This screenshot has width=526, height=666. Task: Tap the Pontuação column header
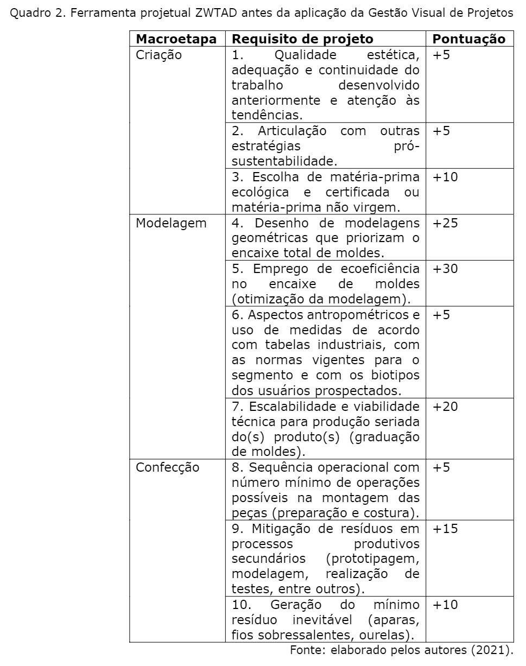pos(469,39)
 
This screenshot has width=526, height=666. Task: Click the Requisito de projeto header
pos(302,39)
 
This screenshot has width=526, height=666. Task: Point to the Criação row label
pos(159,55)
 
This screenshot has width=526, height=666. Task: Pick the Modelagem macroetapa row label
pos(171,223)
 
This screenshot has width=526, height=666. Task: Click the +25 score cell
pos(445,223)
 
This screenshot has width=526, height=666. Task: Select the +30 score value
pos(445,269)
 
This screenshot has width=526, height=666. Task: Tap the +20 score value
pos(445,406)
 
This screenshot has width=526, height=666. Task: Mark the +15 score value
pos(445,528)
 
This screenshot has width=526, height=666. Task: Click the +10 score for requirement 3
pos(445,177)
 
